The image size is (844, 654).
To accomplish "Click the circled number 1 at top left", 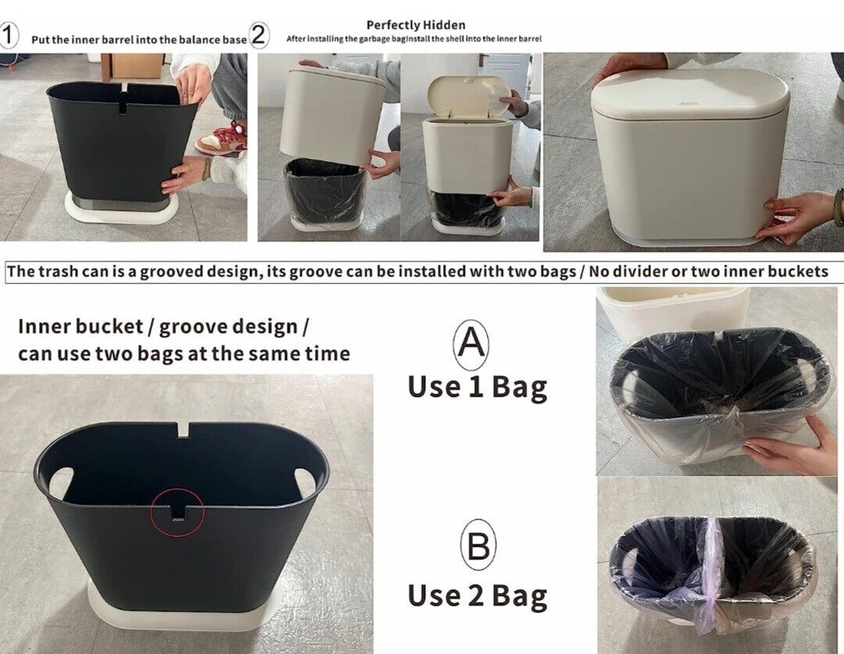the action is point(9,36).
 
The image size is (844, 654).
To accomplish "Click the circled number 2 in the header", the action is point(259,36).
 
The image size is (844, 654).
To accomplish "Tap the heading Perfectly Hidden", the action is point(416,25).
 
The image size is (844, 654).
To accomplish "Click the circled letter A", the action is point(471,345).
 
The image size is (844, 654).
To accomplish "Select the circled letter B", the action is point(478,545).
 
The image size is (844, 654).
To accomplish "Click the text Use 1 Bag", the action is point(477,388).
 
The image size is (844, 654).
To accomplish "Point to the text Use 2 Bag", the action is point(477,596).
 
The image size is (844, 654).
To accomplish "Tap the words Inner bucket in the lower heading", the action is point(80,326).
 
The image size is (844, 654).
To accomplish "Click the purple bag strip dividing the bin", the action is point(710,576).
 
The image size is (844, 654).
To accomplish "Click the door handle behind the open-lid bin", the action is point(482,58).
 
